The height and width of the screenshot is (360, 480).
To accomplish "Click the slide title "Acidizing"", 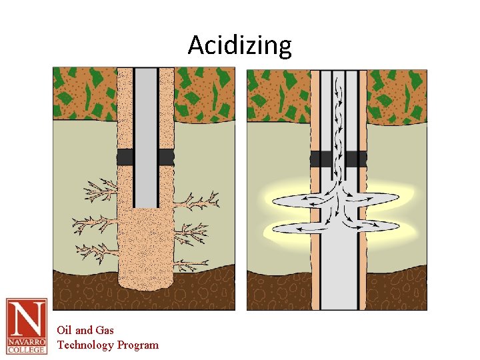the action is click(x=239, y=45).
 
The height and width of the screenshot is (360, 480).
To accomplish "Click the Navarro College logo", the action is click(x=27, y=326).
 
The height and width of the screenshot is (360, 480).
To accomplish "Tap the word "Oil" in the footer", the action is click(x=64, y=330).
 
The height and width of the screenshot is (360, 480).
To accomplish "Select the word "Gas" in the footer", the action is click(x=104, y=330).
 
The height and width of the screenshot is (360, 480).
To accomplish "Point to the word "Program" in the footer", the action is click(x=138, y=345).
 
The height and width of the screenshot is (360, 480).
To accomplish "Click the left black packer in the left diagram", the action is click(x=125, y=157).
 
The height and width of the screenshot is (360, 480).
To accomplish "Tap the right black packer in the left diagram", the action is click(x=166, y=157).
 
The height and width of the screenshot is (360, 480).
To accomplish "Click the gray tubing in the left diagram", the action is click(x=145, y=133).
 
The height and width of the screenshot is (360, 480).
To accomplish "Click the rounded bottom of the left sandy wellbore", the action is click(x=145, y=280).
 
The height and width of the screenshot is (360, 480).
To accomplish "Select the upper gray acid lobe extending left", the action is click(x=293, y=200).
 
